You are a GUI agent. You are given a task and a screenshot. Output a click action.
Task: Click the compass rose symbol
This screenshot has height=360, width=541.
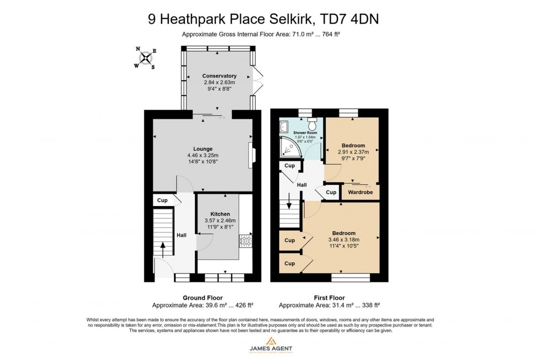(145, 57)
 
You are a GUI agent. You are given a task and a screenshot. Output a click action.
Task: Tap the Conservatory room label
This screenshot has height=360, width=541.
(219, 76)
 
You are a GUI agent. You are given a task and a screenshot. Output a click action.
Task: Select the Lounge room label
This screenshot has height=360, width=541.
(203, 147)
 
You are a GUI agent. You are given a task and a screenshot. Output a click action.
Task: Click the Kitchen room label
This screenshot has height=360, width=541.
(220, 214)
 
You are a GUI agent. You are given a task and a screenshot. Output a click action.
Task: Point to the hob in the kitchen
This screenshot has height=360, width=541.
(245, 241)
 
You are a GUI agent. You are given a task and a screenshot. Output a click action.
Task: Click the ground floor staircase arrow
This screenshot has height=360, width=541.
(162, 247)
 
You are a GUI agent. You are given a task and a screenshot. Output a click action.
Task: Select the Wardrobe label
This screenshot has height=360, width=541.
(360, 192)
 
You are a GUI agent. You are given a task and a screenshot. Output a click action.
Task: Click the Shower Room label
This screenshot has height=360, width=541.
(305, 133)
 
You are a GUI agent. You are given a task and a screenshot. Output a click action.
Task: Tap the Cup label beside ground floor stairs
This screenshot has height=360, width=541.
(162, 200)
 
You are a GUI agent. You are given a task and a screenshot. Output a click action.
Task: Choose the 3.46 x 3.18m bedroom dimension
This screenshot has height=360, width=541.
(344, 240)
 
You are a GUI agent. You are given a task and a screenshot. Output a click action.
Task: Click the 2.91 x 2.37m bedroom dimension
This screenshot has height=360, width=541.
(353, 152)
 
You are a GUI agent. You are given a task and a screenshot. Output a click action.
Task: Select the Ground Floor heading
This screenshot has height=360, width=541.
(202, 298)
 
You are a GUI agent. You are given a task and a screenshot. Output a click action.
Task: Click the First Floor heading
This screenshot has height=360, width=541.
(330, 298)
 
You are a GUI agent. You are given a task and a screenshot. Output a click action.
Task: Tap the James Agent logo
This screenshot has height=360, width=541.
(270, 345)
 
